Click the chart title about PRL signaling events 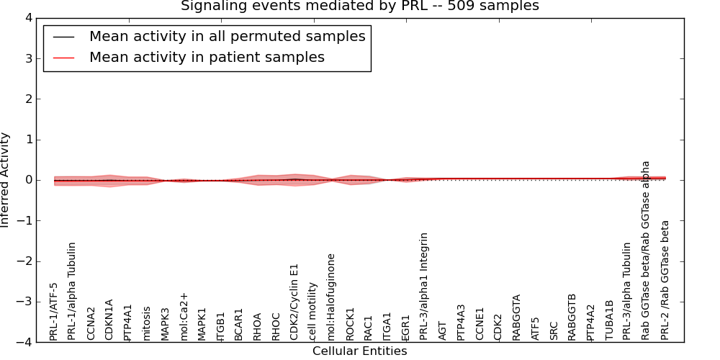point(359,6)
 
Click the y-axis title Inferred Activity point(6,180)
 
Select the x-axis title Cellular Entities point(359,351)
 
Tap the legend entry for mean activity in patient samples point(207,57)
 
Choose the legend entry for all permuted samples point(227,36)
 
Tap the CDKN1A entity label point(109,319)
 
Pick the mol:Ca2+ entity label point(184,315)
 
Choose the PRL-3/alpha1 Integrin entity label point(424,286)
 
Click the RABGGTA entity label point(516,317)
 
